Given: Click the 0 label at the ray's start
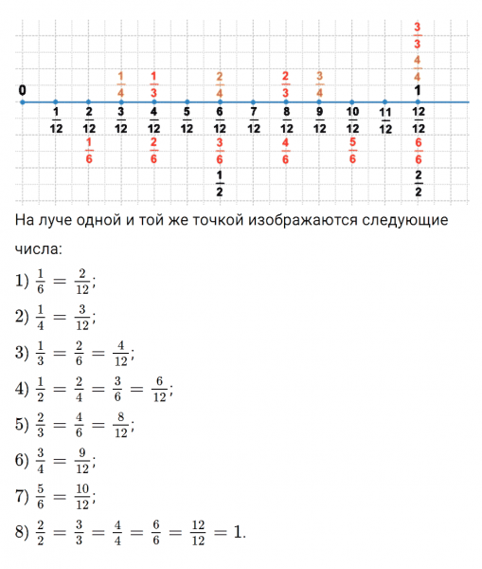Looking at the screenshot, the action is (21, 90).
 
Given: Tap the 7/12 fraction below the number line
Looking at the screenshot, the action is (253, 121).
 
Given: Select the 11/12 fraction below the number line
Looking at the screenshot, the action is (384, 121).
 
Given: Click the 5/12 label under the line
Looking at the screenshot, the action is (187, 121).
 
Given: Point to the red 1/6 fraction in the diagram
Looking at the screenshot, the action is (88, 150).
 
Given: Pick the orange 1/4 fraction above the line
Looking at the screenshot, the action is (120, 84).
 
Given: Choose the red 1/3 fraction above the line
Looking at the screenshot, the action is (153, 84).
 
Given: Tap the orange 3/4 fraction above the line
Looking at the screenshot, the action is (319, 84).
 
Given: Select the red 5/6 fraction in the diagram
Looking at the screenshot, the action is (351, 150).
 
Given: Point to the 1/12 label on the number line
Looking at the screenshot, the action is (56, 121).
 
